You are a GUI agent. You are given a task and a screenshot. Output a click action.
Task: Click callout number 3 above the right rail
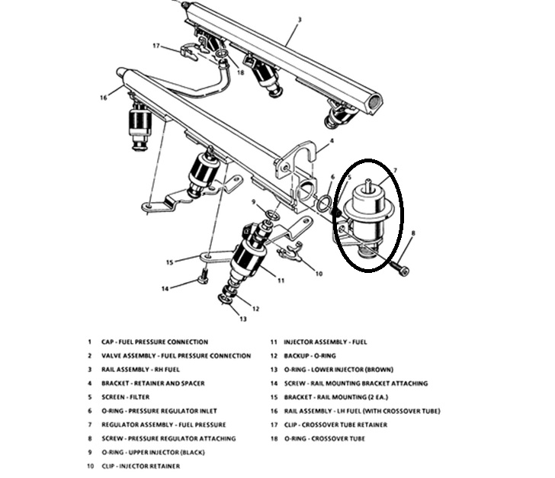300,19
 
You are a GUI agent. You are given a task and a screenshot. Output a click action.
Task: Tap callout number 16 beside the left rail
104,98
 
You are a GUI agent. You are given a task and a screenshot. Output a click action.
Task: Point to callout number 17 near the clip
156,46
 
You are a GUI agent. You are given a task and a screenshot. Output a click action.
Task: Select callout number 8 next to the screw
413,233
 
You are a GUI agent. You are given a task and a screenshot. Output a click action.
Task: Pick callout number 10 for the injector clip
319,274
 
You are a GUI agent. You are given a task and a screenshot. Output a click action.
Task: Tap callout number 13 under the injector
243,319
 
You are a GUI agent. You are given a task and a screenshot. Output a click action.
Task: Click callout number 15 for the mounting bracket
170,262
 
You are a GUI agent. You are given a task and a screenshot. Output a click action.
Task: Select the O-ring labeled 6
323,204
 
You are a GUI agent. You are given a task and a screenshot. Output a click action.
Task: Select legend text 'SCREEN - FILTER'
126,397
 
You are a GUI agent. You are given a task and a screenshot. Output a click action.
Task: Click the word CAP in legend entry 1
107,342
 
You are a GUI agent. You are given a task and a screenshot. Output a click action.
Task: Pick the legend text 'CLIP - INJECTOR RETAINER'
142,466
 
